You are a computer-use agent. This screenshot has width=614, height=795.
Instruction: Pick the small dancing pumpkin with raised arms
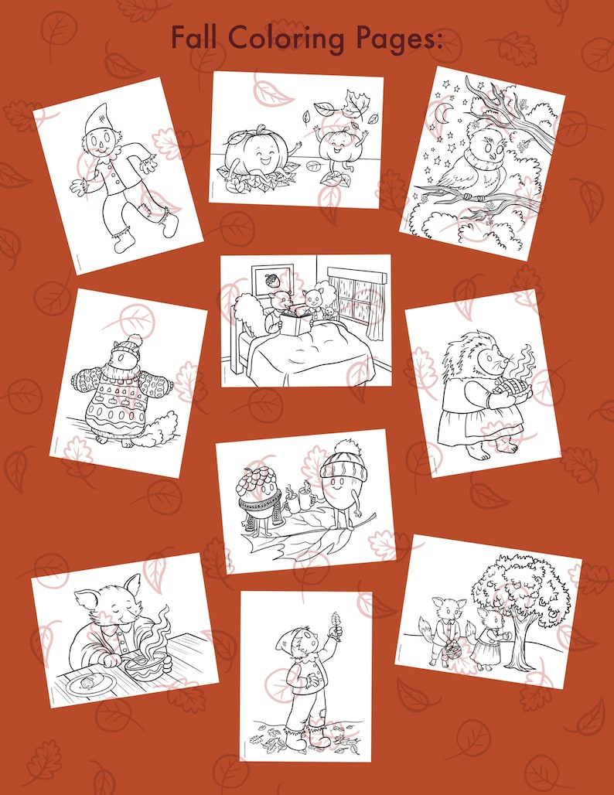tap(337, 147)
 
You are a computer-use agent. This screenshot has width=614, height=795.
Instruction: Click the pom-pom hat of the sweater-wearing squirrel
tap(133, 341)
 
